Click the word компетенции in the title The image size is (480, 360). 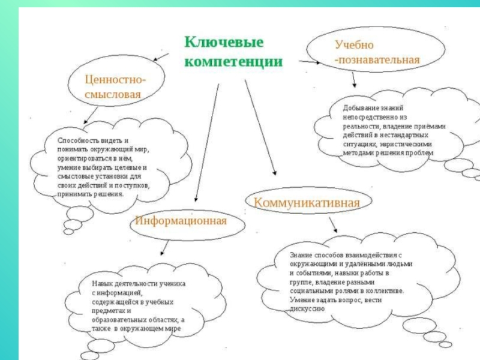tap(233, 61)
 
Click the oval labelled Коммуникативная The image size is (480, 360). tap(307, 203)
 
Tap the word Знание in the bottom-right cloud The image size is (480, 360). tap(301, 254)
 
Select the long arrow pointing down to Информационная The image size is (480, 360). tap(206, 144)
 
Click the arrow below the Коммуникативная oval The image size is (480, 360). tap(332, 224)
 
